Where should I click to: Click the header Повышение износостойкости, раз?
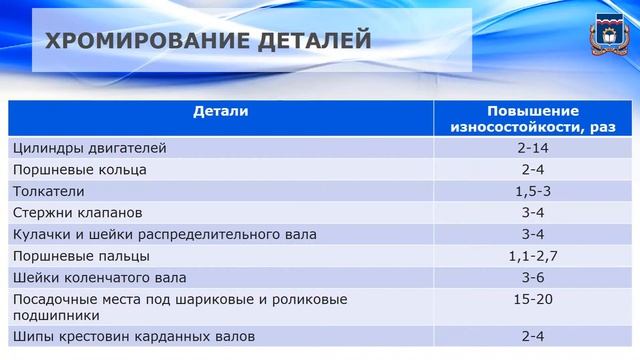(533, 119)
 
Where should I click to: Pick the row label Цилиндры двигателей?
(90, 148)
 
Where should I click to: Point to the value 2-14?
(533, 148)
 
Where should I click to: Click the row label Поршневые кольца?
(80, 169)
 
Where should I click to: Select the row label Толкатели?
(49, 191)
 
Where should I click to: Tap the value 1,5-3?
(533, 191)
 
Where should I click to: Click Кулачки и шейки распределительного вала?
(165, 234)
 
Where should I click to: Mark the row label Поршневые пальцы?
(81, 256)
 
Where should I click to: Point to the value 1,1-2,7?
(533, 256)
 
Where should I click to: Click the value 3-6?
(533, 277)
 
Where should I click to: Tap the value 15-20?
(533, 299)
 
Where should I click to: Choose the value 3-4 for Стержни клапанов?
(533, 213)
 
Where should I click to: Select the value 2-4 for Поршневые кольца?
(533, 169)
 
